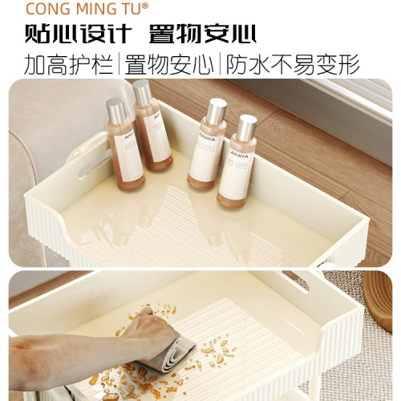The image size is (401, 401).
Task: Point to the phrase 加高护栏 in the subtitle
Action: [69, 63]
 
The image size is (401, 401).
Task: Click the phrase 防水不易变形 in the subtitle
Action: [293, 63]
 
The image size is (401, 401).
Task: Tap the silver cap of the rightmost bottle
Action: [245, 127]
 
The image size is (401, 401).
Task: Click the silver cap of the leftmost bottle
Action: [117, 108]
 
